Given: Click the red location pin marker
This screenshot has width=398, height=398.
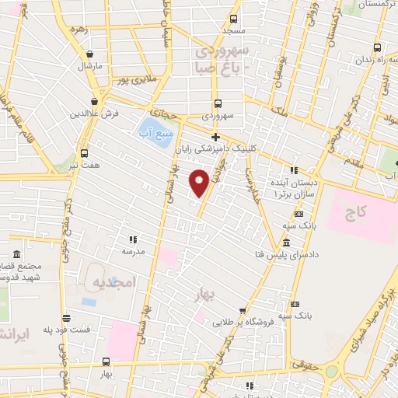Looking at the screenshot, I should point(199,181).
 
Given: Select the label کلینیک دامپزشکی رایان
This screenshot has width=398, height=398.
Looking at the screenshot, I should point(225,148).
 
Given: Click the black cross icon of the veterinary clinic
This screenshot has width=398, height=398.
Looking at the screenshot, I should point(216,138).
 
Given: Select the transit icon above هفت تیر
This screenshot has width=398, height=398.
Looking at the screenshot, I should point(83,153).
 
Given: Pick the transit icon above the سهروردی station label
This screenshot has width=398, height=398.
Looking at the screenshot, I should point(217,103).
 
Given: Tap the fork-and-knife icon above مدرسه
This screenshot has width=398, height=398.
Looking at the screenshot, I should point(133,239).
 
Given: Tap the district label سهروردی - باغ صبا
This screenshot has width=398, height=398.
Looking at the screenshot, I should point(223,59).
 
